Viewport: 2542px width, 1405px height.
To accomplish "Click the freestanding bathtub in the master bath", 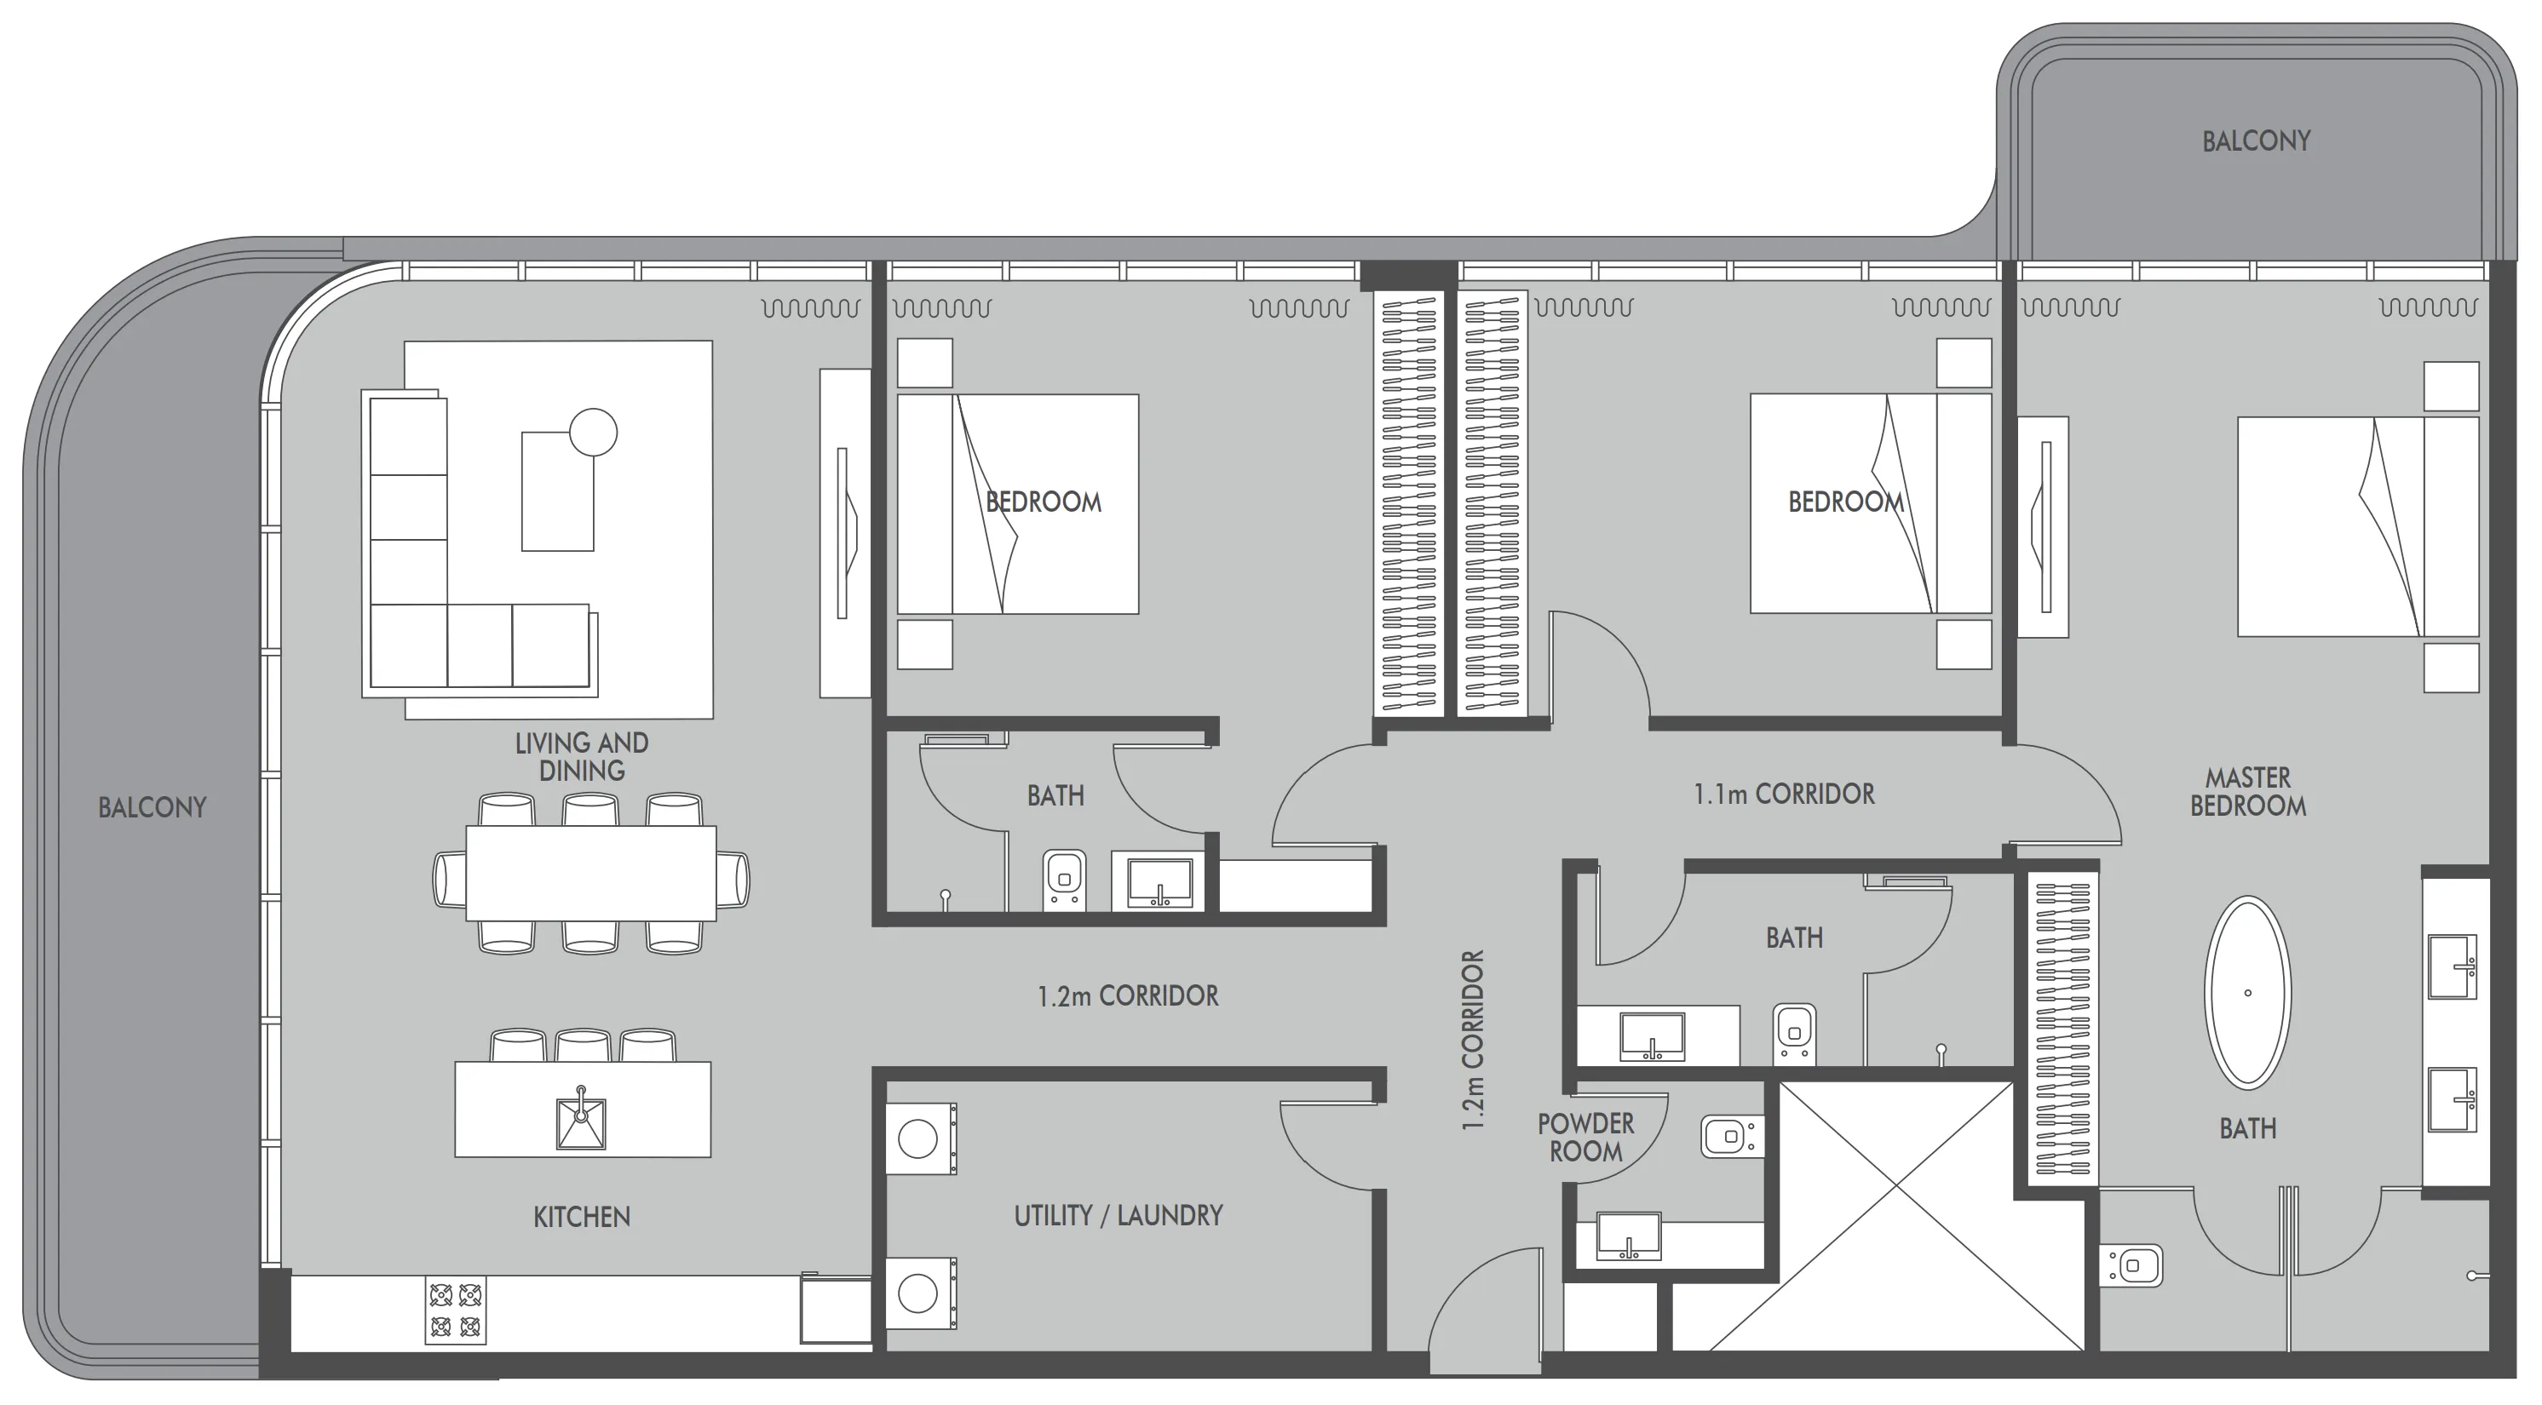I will pyautogui.click(x=2248, y=993).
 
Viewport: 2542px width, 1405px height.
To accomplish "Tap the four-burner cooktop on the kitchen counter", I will pyautogui.click(x=456, y=1310).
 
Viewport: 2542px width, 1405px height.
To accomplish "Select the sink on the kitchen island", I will pyautogui.click(x=581, y=1121).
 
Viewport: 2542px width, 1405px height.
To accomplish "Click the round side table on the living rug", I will pyautogui.click(x=593, y=433).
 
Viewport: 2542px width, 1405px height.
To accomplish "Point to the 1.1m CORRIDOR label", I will pyautogui.click(x=1784, y=794).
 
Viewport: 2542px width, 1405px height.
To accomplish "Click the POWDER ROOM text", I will pyautogui.click(x=1586, y=1138).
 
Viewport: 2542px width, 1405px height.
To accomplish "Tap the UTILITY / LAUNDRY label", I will pyautogui.click(x=1118, y=1216).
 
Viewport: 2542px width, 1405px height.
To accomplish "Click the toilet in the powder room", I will pyautogui.click(x=1731, y=1137).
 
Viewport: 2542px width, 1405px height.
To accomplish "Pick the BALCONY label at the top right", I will pyautogui.click(x=2256, y=141).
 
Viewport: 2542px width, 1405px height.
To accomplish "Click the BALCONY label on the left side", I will pyautogui.click(x=152, y=808).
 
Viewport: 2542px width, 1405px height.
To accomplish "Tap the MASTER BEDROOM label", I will pyautogui.click(x=2248, y=792).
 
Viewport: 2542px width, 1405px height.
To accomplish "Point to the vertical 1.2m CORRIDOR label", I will pyautogui.click(x=1473, y=1040).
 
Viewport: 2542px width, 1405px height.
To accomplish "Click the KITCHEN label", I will pyautogui.click(x=581, y=1218).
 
